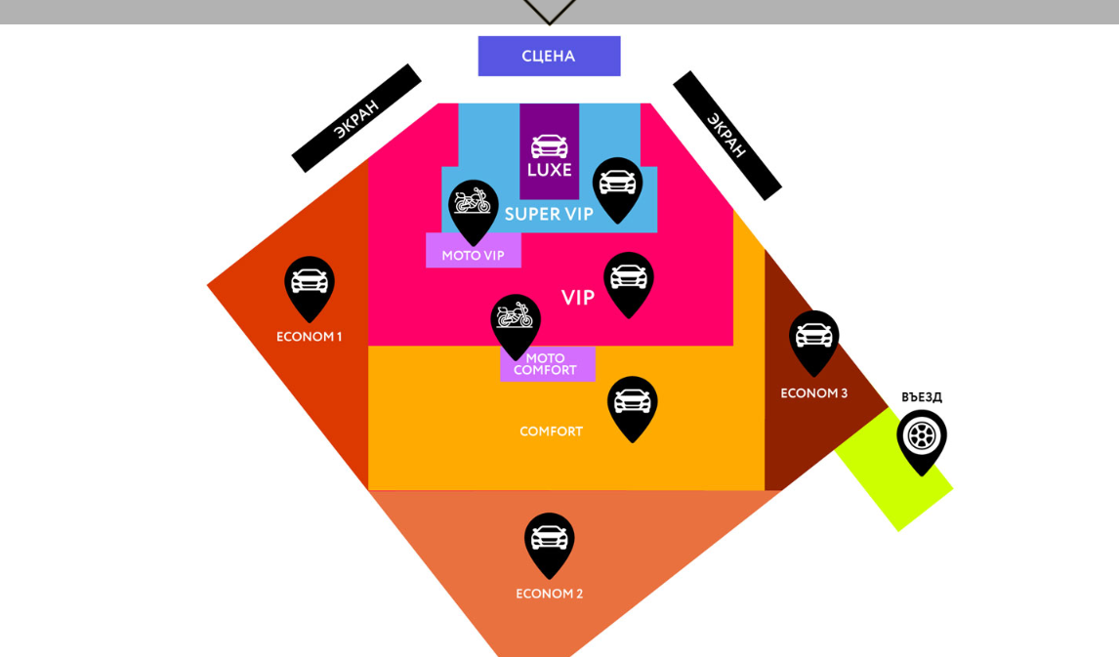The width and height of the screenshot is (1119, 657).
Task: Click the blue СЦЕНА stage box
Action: tap(549, 56)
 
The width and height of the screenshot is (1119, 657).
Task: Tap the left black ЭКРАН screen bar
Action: tap(356, 118)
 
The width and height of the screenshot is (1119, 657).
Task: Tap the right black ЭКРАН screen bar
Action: tap(726, 135)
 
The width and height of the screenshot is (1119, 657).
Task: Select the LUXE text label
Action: tap(549, 170)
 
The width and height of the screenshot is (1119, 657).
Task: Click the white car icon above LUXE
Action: tap(549, 146)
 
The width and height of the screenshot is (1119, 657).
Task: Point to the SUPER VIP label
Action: tap(549, 214)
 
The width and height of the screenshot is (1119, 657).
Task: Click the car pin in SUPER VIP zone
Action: tap(617, 185)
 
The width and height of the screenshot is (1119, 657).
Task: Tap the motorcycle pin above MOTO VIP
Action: tap(474, 207)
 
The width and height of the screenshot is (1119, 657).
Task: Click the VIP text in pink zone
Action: tap(578, 298)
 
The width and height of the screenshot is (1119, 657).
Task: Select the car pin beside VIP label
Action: tap(629, 279)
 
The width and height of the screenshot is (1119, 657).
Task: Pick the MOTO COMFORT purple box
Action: tap(547, 364)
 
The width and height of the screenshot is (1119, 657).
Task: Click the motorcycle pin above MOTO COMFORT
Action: tap(516, 321)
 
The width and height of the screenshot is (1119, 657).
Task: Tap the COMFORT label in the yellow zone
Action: tap(551, 431)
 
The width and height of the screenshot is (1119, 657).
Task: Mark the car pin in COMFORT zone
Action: tap(633, 403)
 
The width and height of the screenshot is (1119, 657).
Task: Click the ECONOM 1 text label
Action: tap(309, 337)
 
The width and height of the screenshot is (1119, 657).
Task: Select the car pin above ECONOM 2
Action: tap(549, 540)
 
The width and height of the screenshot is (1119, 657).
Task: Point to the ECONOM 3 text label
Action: tap(813, 393)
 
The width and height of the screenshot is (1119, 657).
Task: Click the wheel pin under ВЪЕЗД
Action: tap(922, 437)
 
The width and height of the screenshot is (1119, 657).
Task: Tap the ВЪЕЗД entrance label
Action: tap(922, 397)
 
